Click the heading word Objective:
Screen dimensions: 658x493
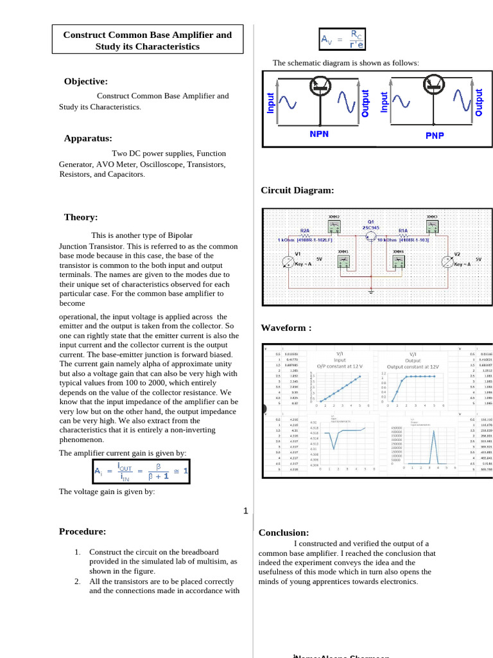(85, 81)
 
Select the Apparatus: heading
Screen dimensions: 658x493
(88, 138)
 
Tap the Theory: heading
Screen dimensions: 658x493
(81, 217)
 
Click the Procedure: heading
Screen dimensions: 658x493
(83, 531)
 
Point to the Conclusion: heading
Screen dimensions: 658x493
(284, 533)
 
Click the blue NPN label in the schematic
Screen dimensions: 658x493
(319, 134)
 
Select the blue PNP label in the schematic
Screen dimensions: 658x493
(435, 135)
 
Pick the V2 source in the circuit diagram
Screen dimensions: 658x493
(449, 262)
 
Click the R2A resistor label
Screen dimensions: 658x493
(305, 229)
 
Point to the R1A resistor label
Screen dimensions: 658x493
(403, 229)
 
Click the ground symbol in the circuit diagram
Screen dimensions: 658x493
(372, 291)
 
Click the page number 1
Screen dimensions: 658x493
(245, 511)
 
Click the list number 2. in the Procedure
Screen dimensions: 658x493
(77, 581)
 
